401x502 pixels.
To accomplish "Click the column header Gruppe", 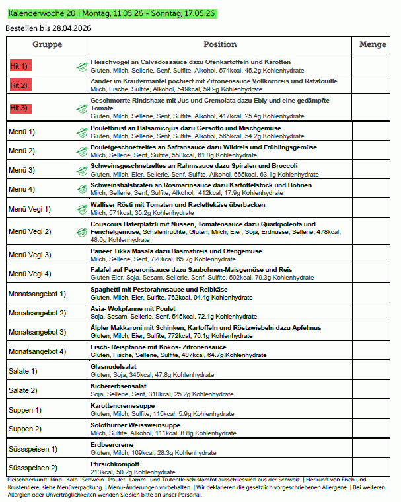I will click(x=47, y=45).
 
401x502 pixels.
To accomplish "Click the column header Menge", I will click(x=373, y=45).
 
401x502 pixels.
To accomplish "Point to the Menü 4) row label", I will click(x=22, y=189).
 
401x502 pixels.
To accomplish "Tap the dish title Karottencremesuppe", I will click(x=122, y=405).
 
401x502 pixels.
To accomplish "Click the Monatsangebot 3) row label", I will click(x=38, y=332).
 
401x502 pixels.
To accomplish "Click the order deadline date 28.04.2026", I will click(x=67, y=28).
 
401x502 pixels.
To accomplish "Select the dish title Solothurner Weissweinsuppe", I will click(x=135, y=425).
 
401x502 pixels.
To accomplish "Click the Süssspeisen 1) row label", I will click(x=33, y=449).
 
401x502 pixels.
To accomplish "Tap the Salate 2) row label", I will click(x=23, y=390).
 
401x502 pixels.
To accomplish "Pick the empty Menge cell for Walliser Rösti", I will click(x=373, y=209).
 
